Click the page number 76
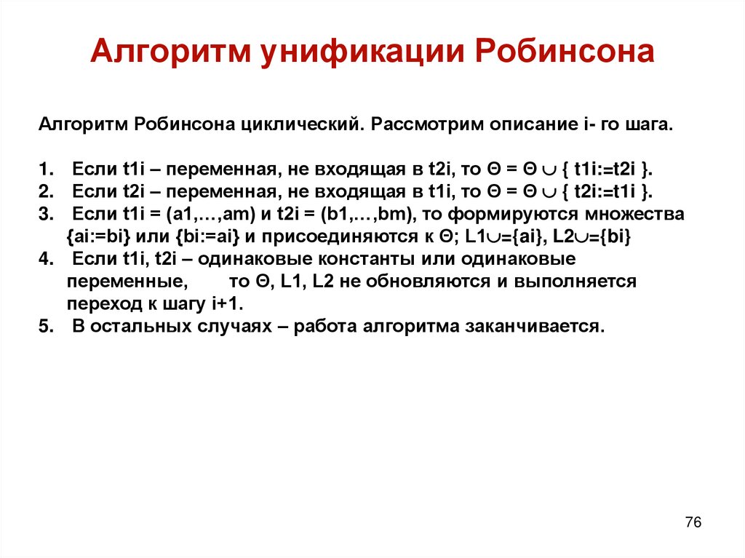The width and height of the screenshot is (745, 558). (693, 522)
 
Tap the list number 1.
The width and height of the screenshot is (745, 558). (45, 170)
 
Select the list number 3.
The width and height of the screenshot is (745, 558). (45, 215)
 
